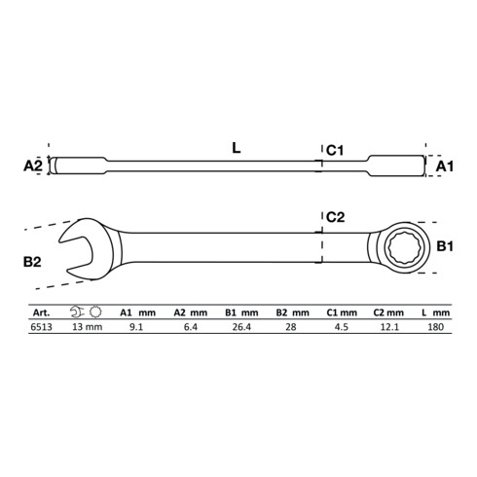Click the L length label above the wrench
(237, 148)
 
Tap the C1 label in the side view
(335, 150)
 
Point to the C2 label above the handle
(335, 217)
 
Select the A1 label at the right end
(444, 166)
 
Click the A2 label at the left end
(33, 166)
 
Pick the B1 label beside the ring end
(445, 246)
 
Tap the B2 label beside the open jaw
(32, 262)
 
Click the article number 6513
(41, 327)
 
